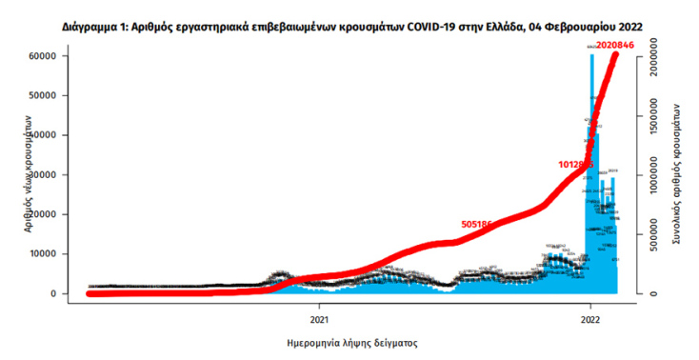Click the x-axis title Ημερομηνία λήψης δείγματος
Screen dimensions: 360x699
pos(352,340)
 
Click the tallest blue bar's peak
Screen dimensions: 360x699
pos(591,55)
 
